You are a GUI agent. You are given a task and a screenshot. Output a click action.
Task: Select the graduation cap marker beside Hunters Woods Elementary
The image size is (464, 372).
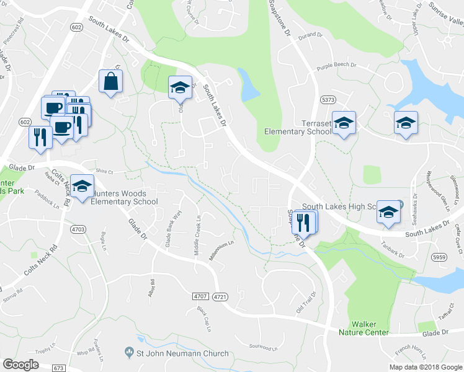[82, 187]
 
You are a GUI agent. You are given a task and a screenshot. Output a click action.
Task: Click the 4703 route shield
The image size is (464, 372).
[78, 229]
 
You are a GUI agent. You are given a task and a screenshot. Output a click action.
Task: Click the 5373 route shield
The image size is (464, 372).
[328, 99]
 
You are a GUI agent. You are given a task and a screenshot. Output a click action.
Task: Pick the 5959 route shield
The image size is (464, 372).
[440, 257]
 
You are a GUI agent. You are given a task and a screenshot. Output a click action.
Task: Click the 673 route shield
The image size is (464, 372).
[59, 368]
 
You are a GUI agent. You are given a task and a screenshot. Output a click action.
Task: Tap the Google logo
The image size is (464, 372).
[20, 365]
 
